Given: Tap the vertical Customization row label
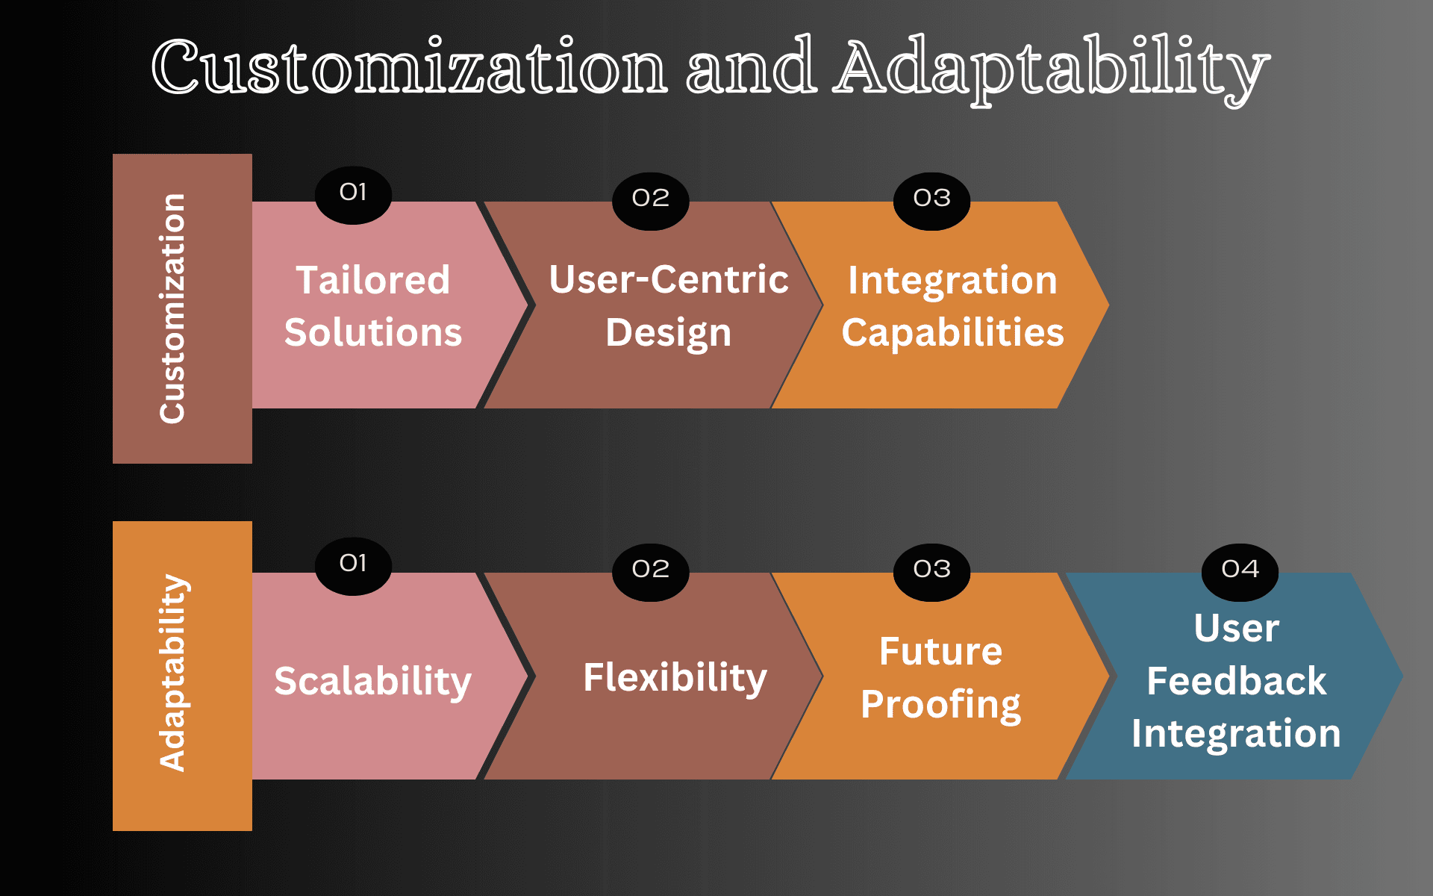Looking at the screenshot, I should [x=173, y=308].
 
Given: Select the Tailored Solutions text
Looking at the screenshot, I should [x=373, y=306].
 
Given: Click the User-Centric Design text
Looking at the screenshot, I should [x=669, y=306].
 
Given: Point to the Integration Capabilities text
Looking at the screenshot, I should [x=952, y=306].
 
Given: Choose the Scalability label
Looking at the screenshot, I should [x=373, y=681].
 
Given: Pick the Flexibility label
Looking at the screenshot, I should [x=675, y=678].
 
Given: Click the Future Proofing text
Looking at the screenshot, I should [x=940, y=678].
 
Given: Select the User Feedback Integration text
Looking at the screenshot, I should [x=1236, y=681].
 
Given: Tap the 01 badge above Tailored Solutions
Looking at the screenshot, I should [x=353, y=193].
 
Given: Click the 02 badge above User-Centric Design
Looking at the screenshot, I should [x=650, y=199].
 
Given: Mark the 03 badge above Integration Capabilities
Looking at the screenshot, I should [x=931, y=199].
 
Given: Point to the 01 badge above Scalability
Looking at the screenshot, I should [x=353, y=564].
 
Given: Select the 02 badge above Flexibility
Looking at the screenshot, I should [x=650, y=570].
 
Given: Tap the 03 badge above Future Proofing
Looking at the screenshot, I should [x=931, y=570].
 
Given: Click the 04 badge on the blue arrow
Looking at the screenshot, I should [x=1240, y=570].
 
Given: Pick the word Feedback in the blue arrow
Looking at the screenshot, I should [x=1236, y=681].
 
